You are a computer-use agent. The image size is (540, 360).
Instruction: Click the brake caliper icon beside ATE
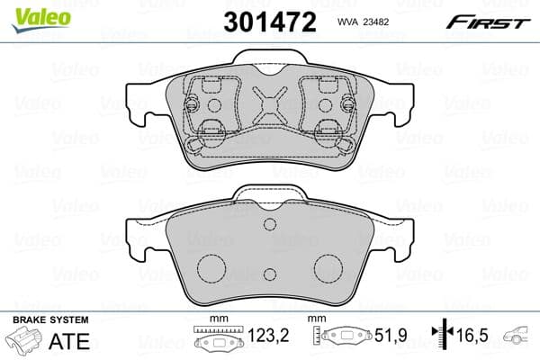point(28,343)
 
